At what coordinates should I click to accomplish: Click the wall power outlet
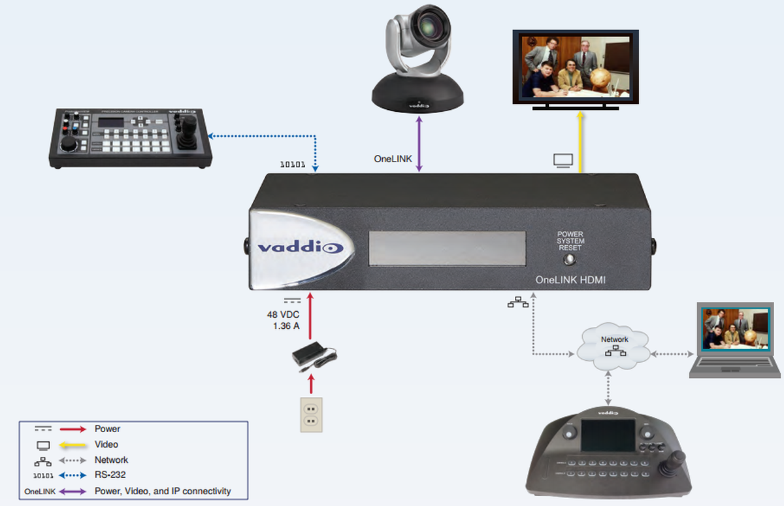pos(311,414)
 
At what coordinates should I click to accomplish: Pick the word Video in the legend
pos(106,445)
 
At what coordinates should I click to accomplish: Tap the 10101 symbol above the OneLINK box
pos(293,164)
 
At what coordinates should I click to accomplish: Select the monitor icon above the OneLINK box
pos(563,160)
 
